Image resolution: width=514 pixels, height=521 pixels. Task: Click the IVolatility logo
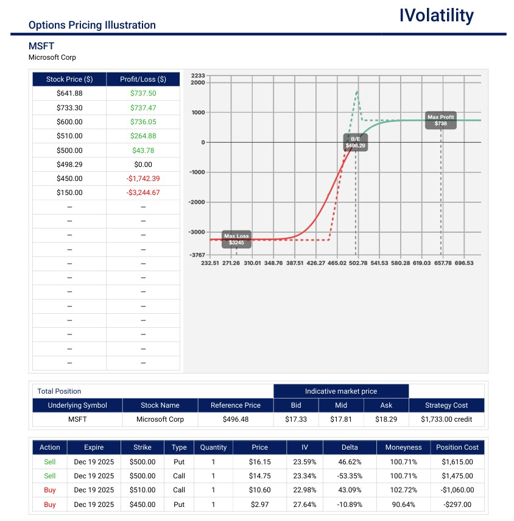coord(436,16)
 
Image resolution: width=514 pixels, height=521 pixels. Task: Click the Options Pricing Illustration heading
coord(92,26)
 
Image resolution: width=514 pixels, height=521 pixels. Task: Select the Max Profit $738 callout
coord(441,120)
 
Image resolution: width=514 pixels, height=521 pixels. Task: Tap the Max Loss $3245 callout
coord(236,239)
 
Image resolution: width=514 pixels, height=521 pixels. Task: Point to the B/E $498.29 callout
coord(356,143)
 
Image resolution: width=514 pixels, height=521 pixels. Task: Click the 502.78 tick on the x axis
coord(357,263)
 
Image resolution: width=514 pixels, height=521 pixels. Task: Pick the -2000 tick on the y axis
coord(199,202)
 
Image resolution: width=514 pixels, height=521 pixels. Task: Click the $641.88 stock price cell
coord(69,93)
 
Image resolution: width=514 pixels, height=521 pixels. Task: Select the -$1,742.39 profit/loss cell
coord(143,179)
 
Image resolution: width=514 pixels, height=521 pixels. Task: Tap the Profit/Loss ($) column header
coord(143,79)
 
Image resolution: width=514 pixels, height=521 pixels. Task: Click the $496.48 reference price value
coord(235,419)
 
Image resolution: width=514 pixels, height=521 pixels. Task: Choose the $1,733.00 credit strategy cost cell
coord(446,419)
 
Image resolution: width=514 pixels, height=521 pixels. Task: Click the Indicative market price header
coord(340,391)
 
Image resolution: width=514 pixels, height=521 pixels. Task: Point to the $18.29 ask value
coord(386,419)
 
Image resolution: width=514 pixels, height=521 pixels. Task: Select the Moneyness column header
coord(403,447)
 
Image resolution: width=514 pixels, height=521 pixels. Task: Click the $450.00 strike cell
coord(143,505)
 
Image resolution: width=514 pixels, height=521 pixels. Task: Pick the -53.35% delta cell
coord(350,476)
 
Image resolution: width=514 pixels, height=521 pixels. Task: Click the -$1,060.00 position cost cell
coord(457,490)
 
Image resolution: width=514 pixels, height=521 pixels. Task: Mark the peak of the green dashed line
coord(357,91)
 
